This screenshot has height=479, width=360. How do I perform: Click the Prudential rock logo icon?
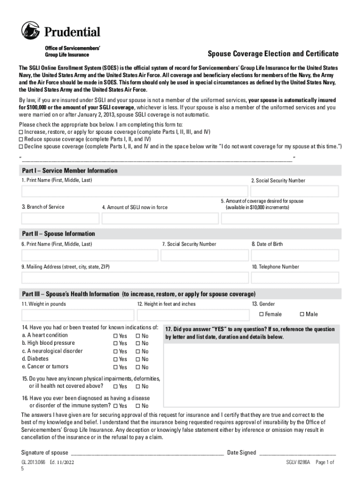[31, 31]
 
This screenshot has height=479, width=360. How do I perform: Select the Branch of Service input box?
[60, 218]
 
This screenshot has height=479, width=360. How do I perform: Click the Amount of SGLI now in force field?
[160, 218]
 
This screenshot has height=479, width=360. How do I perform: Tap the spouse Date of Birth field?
[295, 255]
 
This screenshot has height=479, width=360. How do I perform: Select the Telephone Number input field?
[295, 278]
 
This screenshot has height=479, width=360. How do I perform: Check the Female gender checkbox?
[261, 314]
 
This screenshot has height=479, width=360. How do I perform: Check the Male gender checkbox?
[302, 314]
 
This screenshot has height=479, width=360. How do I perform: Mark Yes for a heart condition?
[115, 336]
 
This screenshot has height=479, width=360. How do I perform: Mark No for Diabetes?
[138, 359]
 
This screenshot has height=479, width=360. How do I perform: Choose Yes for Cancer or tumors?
[115, 367]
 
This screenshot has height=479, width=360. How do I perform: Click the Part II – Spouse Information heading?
[58, 233]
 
